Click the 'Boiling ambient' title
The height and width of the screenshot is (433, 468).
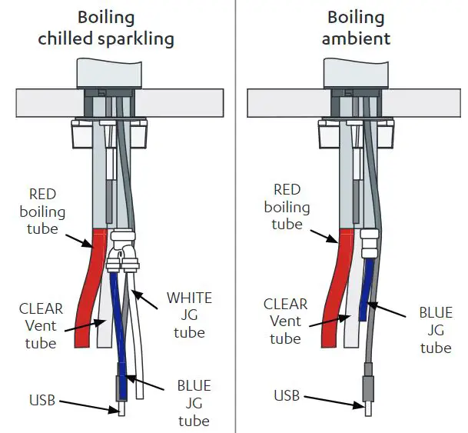[x=359, y=28]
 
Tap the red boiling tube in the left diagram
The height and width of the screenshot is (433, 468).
[x=92, y=285]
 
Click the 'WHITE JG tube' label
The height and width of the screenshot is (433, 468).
[x=189, y=315]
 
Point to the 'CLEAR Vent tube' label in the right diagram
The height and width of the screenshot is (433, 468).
[x=285, y=321]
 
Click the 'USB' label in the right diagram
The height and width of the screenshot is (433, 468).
[x=287, y=396]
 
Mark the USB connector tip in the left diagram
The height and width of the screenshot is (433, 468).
[x=121, y=410]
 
